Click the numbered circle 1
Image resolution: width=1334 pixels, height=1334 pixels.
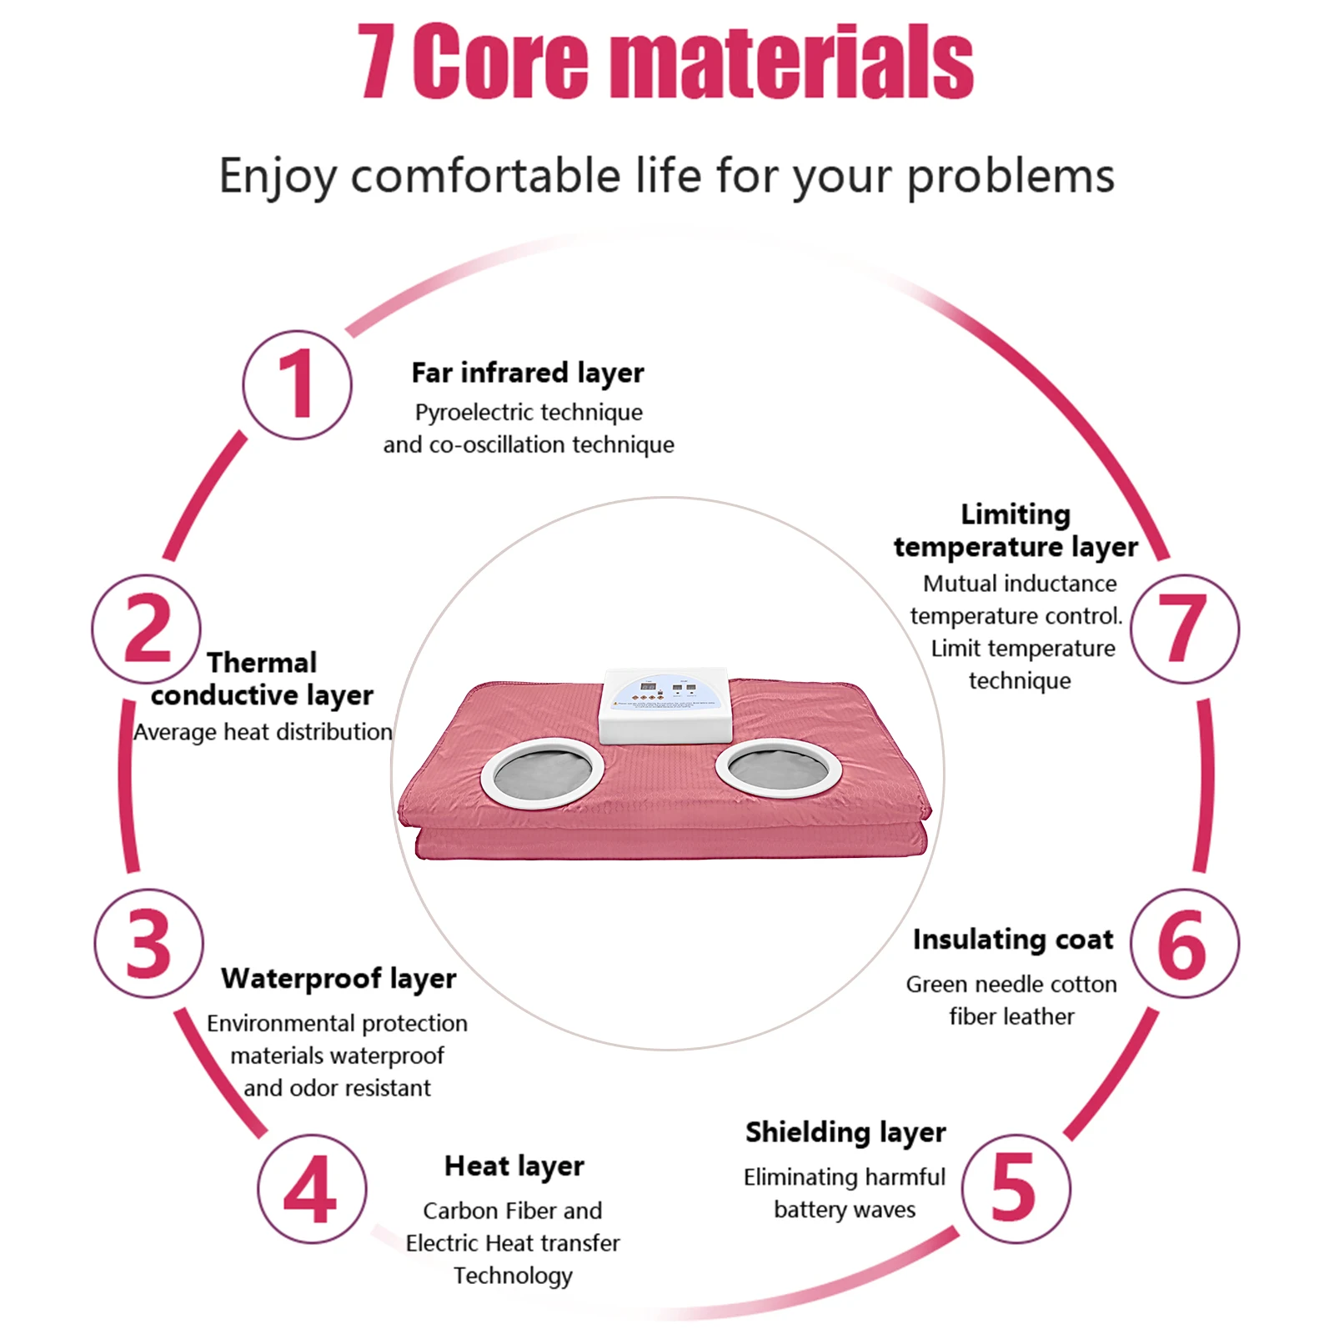297,384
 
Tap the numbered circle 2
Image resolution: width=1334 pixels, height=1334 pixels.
147,629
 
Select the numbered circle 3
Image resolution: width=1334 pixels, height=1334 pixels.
148,943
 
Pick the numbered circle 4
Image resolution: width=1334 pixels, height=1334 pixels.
311,1189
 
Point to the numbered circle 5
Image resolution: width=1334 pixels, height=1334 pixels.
1016,1187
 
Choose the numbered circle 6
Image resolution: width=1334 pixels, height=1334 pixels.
1184,943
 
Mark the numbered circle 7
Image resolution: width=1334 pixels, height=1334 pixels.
1185,629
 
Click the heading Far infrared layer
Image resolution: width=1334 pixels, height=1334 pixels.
527,373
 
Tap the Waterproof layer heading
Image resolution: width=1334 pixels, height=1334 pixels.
339,978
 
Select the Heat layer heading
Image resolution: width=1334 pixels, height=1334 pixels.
514,1166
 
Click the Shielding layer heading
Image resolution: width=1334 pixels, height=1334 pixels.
845,1132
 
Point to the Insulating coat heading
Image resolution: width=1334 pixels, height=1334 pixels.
1012,940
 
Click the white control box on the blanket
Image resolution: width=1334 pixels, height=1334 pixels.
664,705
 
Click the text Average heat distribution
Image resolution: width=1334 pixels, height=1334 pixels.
263,732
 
